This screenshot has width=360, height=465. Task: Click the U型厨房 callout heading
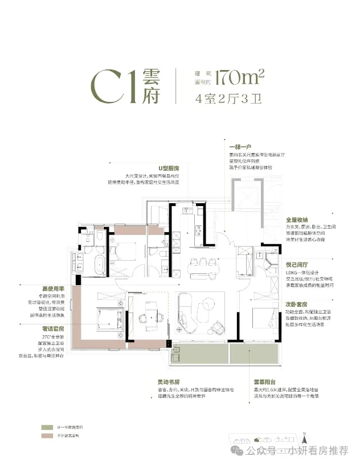coord(169,169)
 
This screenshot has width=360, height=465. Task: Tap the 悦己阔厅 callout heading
coord(297,265)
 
